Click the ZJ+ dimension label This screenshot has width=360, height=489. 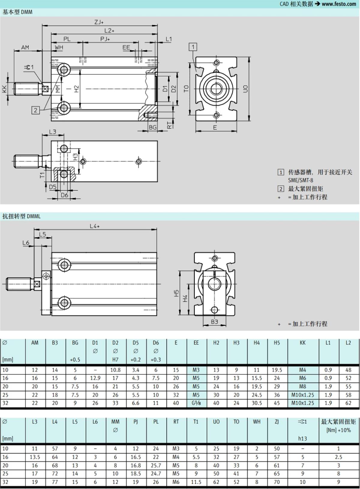pos(99,22)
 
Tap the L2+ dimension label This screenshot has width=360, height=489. pos(109,31)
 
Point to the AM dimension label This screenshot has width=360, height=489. pos(25,47)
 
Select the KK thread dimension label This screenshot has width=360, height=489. pos(4,89)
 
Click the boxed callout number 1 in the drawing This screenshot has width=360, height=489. pos(193,47)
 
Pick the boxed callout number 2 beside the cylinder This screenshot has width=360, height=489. pos(36,110)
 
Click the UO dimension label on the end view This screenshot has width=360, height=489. pos(245,89)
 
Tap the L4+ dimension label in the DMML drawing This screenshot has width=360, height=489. pos(95,226)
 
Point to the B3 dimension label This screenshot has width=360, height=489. pos(214,322)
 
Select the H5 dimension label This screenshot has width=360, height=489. pos(176,293)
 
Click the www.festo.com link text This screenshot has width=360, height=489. pos(339,4)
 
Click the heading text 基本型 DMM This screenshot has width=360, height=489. pos(17,12)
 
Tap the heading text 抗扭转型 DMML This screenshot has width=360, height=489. pos(21,216)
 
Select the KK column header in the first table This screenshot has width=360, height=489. pos(302,343)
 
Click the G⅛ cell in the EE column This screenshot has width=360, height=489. pos(196,403)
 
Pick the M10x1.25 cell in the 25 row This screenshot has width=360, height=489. pos(302,395)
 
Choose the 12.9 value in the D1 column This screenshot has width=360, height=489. pos(95,378)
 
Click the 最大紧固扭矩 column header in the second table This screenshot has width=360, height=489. pos(338,422)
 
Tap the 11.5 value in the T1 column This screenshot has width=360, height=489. pos(196,482)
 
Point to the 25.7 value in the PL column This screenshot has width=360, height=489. pos(156,465)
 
